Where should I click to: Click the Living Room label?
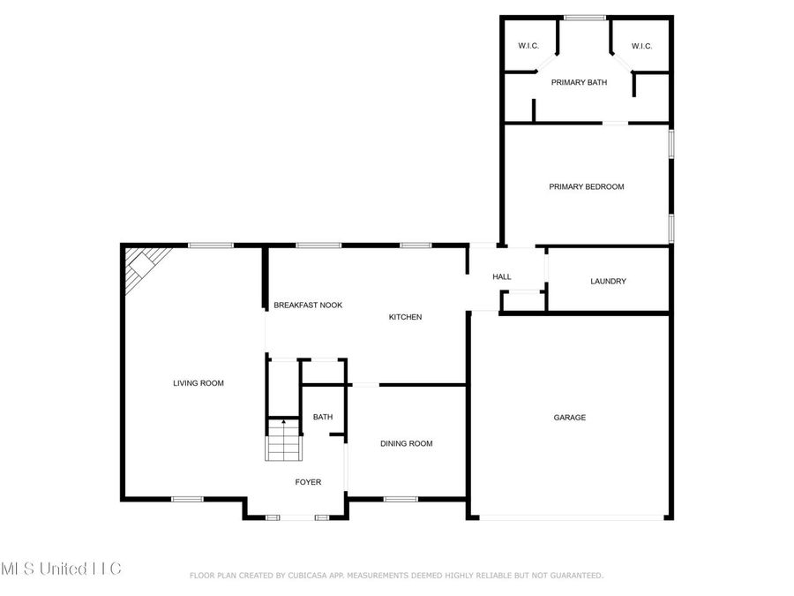click(198, 383)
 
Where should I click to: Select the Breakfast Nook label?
click(308, 305)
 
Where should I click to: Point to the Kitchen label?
click(406, 317)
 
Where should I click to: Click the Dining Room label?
click(406, 443)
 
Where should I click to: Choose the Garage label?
click(569, 418)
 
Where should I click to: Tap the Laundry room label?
click(608, 282)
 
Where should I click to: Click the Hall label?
click(501, 277)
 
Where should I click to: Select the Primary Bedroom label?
click(586, 186)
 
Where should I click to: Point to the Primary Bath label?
click(579, 82)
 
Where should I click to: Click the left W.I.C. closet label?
click(528, 46)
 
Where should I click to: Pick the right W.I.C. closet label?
click(641, 46)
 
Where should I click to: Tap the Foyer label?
click(308, 482)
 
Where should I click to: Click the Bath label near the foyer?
click(322, 417)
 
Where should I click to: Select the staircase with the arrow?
click(283, 440)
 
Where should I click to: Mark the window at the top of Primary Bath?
click(584, 17)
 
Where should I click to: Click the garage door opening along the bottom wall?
click(569, 517)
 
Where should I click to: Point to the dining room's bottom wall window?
click(400, 499)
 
